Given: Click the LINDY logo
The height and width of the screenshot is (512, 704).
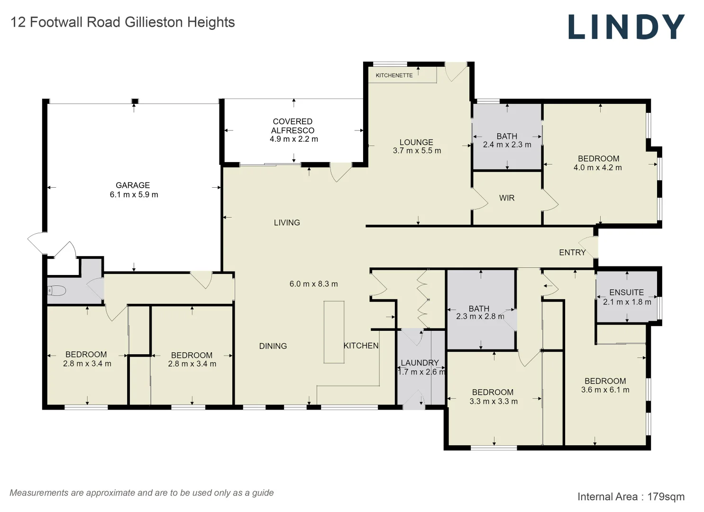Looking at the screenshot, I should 626,27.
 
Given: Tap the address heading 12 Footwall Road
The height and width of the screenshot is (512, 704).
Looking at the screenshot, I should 122,22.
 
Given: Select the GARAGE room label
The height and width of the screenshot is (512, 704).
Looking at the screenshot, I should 133,185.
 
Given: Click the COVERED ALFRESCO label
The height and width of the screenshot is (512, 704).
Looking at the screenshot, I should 293,126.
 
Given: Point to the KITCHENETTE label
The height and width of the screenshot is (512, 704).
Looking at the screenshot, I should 394,75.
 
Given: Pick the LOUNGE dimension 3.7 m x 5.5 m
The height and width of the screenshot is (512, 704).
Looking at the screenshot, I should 417,151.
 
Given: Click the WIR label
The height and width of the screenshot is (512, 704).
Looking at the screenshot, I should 506,198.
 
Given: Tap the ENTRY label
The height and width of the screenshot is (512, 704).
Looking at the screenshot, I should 572,253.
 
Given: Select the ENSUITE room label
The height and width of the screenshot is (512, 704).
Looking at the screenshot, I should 626,293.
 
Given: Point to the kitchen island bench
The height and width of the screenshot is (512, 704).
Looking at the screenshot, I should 334,332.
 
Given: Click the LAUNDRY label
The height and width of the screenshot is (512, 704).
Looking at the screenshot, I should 420,363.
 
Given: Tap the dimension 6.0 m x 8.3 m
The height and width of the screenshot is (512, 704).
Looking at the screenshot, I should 313,284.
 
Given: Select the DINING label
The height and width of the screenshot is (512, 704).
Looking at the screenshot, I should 273,346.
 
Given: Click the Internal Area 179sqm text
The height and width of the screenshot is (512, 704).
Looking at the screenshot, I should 631,497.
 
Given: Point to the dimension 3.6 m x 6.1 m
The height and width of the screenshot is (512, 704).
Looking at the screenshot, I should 605,390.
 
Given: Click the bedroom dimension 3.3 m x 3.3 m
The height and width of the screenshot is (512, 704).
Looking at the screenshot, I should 493,402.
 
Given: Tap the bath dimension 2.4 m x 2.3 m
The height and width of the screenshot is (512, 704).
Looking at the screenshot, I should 507,145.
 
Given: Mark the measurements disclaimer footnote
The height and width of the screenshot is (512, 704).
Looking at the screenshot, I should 141,493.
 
